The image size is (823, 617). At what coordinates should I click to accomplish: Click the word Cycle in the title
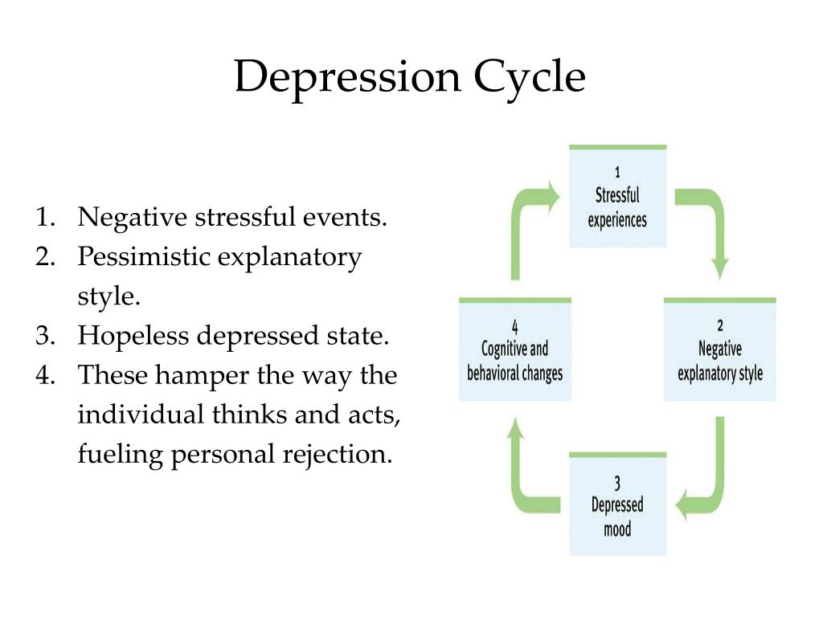pos(529,79)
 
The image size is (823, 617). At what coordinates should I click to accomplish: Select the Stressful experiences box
pos(617,198)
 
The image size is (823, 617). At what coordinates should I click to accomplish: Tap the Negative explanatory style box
pos(719,350)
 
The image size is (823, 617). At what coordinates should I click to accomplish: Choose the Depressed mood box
pos(617,505)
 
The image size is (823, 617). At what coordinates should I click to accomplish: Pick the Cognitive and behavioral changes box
pos(514,350)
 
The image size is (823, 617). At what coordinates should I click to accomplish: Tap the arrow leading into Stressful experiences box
pos(526,217)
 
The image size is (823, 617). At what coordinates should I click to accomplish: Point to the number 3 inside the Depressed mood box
pos(617,483)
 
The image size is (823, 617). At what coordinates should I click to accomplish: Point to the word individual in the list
pos(141,415)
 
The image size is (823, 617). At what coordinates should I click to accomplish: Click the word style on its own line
pos(109,296)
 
